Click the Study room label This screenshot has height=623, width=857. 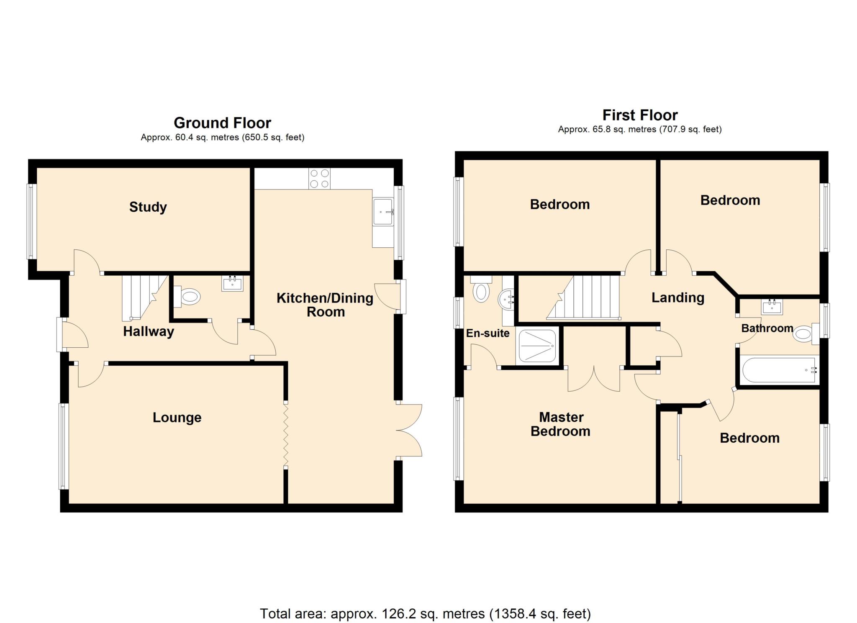coord(148,207)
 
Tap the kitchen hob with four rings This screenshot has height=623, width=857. coord(319,179)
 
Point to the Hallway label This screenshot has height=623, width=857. coord(148,331)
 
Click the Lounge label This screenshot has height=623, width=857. coord(177,417)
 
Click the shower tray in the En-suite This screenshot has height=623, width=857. coord(537,346)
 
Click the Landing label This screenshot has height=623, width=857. coord(678,297)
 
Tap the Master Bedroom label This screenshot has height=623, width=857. coord(560,424)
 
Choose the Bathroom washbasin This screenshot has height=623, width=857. coord(772,307)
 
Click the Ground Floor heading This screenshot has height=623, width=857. coord(222,123)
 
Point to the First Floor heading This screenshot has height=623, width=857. coord(640,115)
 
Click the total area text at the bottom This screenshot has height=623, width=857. coord(425,613)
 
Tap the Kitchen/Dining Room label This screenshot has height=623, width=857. coord(325,305)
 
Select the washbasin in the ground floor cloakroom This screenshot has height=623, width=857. coord(232,284)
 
